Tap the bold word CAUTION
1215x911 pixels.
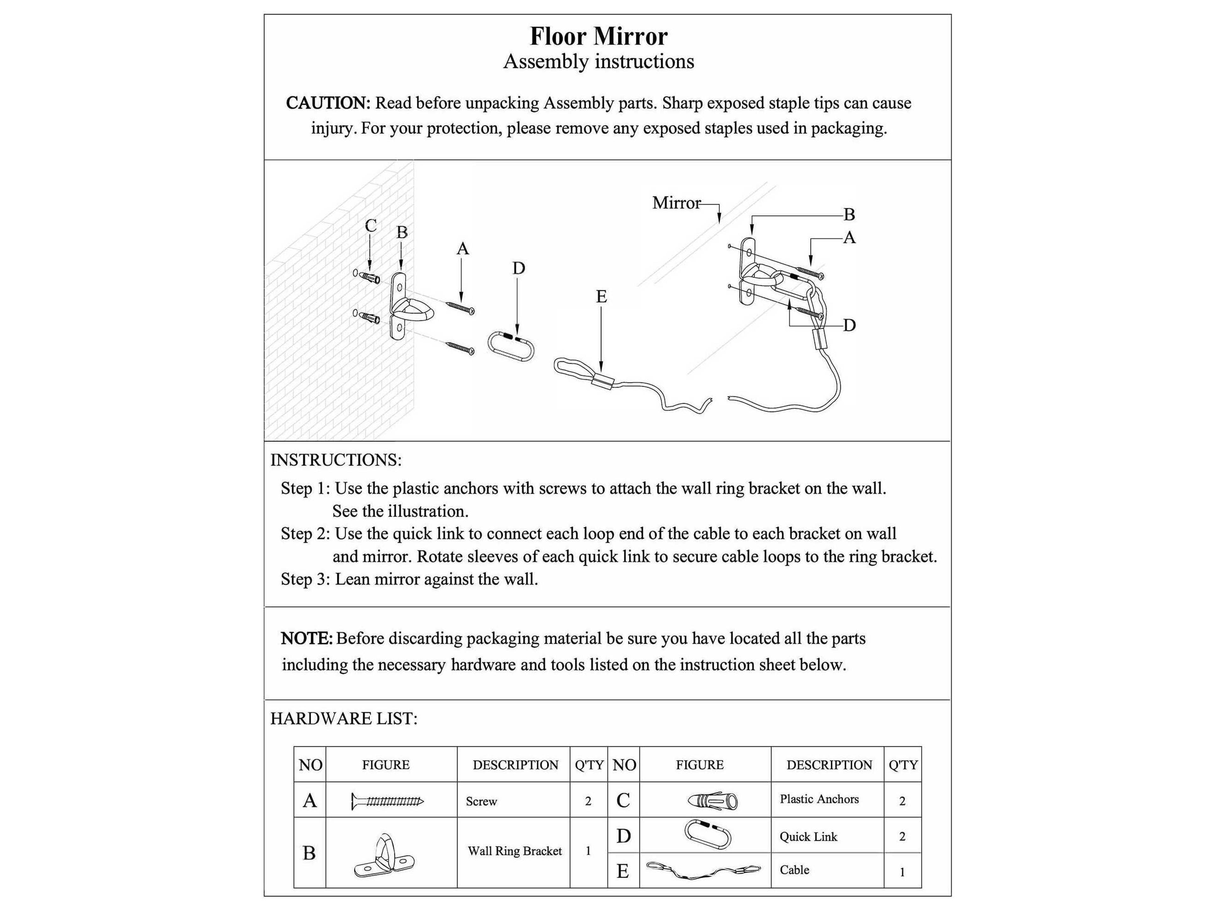(x=328, y=103)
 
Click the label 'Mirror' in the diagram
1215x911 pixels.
(x=676, y=203)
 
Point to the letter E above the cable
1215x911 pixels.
(x=601, y=297)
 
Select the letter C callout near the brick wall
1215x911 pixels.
(x=371, y=226)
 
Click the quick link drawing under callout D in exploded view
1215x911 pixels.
(x=510, y=346)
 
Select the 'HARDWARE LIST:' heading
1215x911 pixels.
(x=344, y=719)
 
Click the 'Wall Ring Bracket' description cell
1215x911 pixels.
(x=515, y=851)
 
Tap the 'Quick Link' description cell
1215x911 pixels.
(x=808, y=837)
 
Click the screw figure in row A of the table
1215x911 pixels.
(x=387, y=802)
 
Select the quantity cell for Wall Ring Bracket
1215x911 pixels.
(x=588, y=851)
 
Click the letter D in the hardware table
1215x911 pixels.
(x=623, y=836)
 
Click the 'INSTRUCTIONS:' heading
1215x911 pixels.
(x=336, y=460)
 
